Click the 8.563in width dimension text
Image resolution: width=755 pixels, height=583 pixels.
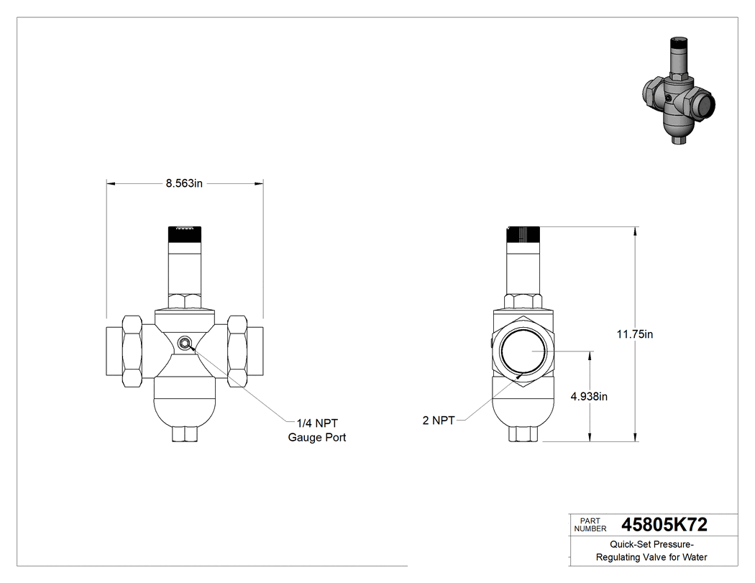pos(184,183)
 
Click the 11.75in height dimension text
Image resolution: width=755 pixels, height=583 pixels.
pos(635,334)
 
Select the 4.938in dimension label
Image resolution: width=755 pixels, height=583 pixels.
pos(589,397)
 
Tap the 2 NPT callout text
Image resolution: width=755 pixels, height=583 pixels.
pos(438,421)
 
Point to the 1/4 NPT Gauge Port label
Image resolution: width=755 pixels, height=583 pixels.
pos(317,431)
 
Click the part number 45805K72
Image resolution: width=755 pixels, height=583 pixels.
pos(664,525)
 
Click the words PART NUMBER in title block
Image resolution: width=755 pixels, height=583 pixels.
pos(590,525)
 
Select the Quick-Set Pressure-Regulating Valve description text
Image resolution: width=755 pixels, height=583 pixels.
pos(651,551)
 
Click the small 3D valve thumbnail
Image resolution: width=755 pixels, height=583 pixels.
pos(679,90)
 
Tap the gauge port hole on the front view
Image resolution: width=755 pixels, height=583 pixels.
pos(184,343)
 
